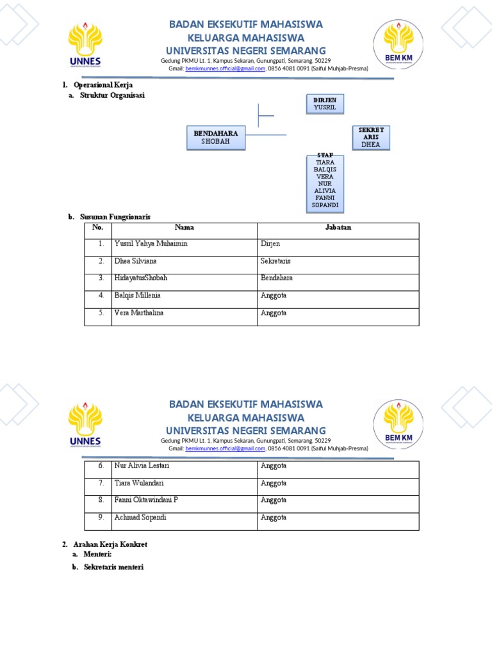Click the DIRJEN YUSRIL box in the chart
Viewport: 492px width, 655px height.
pyautogui.click(x=325, y=104)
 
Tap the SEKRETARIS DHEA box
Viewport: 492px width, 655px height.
pyautogui.click(x=370, y=138)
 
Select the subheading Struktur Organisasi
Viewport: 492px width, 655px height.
pyautogui.click(x=112, y=95)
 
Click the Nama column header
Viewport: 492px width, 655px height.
pyautogui.click(x=184, y=228)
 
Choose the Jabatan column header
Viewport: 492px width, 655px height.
pyautogui.click(x=338, y=228)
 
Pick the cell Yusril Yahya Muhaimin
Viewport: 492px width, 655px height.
pyautogui.click(x=151, y=244)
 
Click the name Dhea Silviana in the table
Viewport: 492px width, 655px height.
pyautogui.click(x=135, y=261)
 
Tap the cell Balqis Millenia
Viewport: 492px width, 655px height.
pyautogui.click(x=138, y=296)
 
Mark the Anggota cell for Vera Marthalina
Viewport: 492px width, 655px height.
pyautogui.click(x=274, y=313)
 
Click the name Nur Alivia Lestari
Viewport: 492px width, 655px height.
pyautogui.click(x=142, y=466)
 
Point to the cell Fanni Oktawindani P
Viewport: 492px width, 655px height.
pyautogui.click(x=146, y=500)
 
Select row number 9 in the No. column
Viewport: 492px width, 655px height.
pyautogui.click(x=101, y=517)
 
